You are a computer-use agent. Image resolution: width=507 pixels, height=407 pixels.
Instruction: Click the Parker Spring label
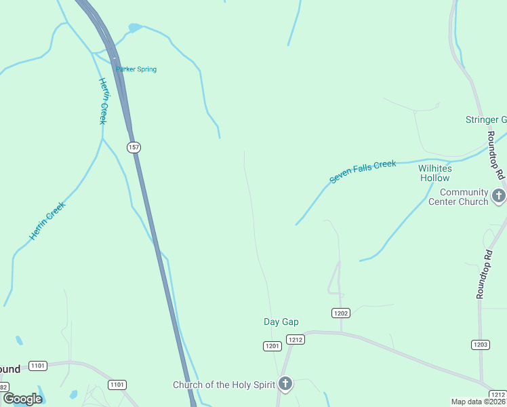[136, 69]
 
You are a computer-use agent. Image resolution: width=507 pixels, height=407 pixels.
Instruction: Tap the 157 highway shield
[133, 147]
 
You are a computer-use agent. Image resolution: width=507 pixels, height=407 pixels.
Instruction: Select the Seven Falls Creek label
[363, 172]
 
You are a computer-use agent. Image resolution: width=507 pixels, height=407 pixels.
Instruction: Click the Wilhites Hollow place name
[434, 173]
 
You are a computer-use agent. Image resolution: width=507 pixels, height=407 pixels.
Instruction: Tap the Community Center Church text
[458, 197]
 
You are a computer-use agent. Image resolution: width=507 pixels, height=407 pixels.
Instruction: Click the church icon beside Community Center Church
[500, 197]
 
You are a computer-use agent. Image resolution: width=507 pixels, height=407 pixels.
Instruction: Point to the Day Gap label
[281, 322]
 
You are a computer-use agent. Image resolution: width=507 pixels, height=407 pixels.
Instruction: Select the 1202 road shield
[341, 313]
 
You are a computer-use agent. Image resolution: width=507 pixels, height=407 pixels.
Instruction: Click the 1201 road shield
[272, 347]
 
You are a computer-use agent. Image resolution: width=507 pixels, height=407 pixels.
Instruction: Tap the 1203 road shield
[481, 345]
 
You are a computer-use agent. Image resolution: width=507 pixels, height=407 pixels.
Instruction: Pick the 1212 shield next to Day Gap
[294, 339]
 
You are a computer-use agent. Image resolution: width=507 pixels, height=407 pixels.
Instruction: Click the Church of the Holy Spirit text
[224, 385]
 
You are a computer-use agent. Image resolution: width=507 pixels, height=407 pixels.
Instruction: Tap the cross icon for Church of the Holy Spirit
[285, 385]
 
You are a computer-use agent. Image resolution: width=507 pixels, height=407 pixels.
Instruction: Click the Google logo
[22, 399]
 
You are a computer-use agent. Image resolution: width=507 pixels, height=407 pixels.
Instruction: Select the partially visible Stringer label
[485, 120]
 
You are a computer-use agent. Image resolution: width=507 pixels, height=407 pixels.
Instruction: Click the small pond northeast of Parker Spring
[135, 28]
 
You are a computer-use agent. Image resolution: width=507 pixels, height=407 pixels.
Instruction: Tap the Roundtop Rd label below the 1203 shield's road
[483, 275]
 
